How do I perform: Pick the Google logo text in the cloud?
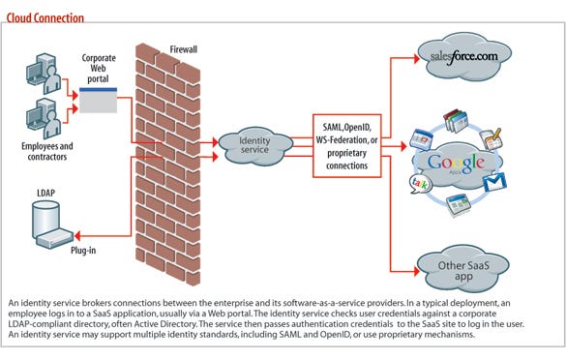pos(453,163)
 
